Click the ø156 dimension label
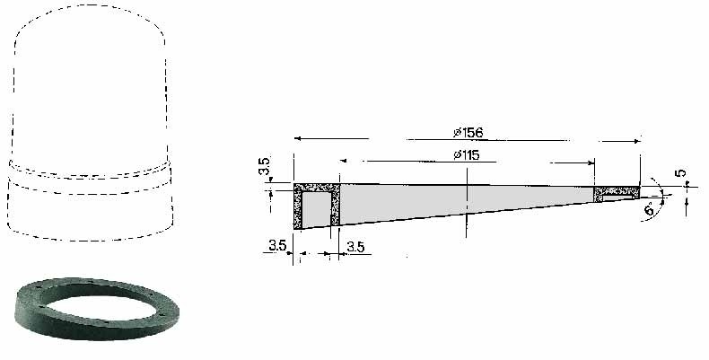click(468, 133)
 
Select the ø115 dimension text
click(466, 155)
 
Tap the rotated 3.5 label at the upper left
click(265, 166)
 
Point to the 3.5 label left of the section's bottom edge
click(277, 245)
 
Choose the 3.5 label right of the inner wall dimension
click(355, 247)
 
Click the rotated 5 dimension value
click(681, 172)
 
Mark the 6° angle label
click(649, 209)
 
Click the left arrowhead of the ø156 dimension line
click(297, 138)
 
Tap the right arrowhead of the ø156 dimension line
click(637, 141)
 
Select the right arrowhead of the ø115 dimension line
click(591, 162)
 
